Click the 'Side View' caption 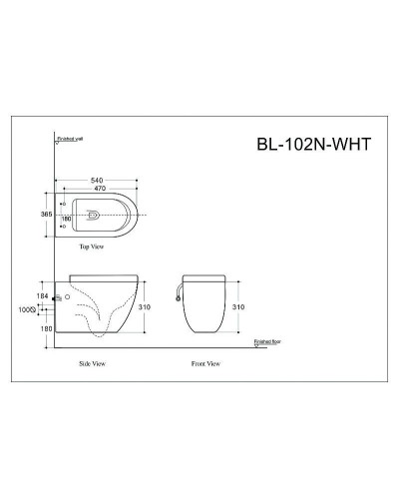(x=92, y=365)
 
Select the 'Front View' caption (x=204, y=365)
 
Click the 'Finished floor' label (x=270, y=340)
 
